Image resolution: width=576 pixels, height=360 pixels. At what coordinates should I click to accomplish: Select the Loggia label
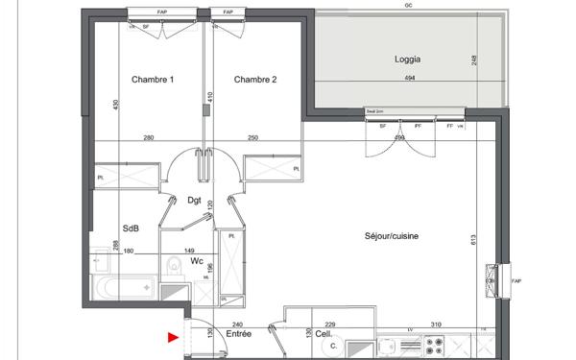pos(408,59)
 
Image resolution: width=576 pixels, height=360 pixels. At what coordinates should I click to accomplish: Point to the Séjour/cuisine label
pos(392,236)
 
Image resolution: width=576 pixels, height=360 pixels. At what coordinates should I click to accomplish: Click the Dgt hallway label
pos(193,201)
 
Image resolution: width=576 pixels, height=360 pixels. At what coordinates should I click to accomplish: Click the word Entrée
pos(238,335)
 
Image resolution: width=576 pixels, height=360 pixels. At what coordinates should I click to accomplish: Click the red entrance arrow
pos(173,337)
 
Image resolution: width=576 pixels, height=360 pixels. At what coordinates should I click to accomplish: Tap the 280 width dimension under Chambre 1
pos(149,137)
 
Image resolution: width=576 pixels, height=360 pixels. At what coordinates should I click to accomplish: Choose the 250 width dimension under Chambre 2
pos(252,137)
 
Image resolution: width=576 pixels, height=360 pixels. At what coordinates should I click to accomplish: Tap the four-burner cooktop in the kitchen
pos(434,348)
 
